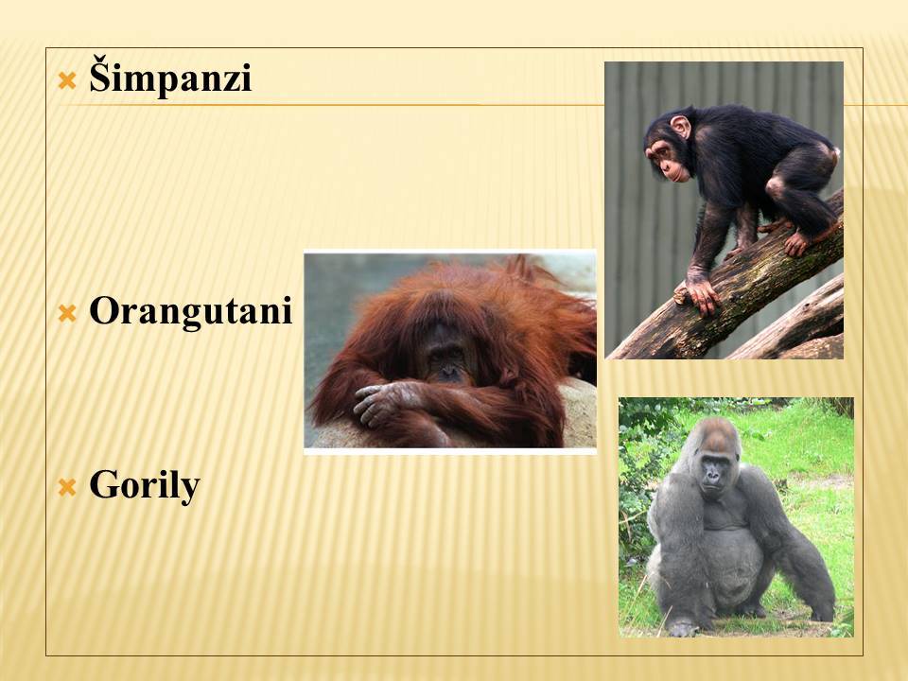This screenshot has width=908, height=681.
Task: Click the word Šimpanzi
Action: click(170, 76)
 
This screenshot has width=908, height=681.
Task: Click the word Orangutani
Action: click(190, 310)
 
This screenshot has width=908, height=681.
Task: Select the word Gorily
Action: click(144, 485)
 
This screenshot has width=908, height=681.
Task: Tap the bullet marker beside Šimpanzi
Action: click(67, 80)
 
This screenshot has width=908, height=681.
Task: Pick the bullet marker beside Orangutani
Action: click(67, 314)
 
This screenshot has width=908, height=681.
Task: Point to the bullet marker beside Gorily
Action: click(67, 488)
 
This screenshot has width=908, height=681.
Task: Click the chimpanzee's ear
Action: click(680, 127)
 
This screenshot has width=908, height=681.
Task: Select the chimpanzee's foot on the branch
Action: click(802, 241)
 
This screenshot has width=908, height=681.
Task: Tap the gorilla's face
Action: click(713, 474)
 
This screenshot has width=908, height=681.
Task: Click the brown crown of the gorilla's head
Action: click(717, 431)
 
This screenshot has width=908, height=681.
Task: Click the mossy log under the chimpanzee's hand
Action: click(724, 301)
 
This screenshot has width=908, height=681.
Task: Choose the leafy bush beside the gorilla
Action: click(641, 463)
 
